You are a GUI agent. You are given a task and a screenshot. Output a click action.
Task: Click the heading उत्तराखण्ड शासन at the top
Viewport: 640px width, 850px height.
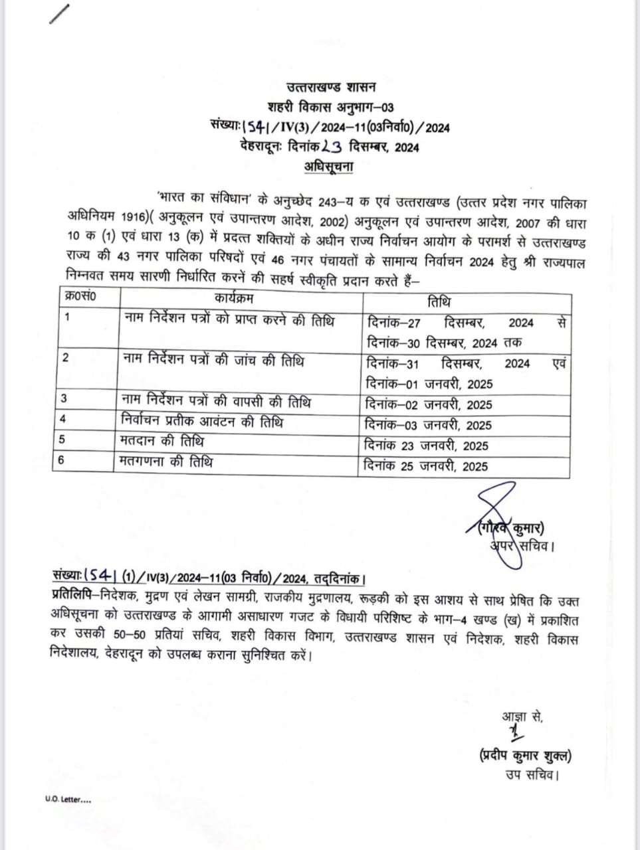coord(331,87)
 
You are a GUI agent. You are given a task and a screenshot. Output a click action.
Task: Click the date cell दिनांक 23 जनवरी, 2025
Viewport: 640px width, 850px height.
coord(426,446)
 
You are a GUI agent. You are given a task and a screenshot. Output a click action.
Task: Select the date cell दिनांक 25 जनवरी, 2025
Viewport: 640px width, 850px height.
coord(426,467)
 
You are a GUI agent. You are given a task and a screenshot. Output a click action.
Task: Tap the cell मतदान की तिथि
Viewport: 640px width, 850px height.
coord(163,442)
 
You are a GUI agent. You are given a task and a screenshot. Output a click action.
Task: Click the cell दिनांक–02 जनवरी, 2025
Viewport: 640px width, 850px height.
coord(429,405)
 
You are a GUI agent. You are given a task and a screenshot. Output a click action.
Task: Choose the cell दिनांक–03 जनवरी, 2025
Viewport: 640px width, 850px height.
coord(429,426)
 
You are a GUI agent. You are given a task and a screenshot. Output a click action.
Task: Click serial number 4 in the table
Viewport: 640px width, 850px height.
coord(63,419)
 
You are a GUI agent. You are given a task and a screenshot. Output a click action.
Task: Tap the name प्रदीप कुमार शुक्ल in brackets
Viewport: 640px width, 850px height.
coord(524,755)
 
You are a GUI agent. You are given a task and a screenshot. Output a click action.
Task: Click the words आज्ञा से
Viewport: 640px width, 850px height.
coord(522,717)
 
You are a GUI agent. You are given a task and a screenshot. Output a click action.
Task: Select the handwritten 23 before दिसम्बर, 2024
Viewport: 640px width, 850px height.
coord(330,147)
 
